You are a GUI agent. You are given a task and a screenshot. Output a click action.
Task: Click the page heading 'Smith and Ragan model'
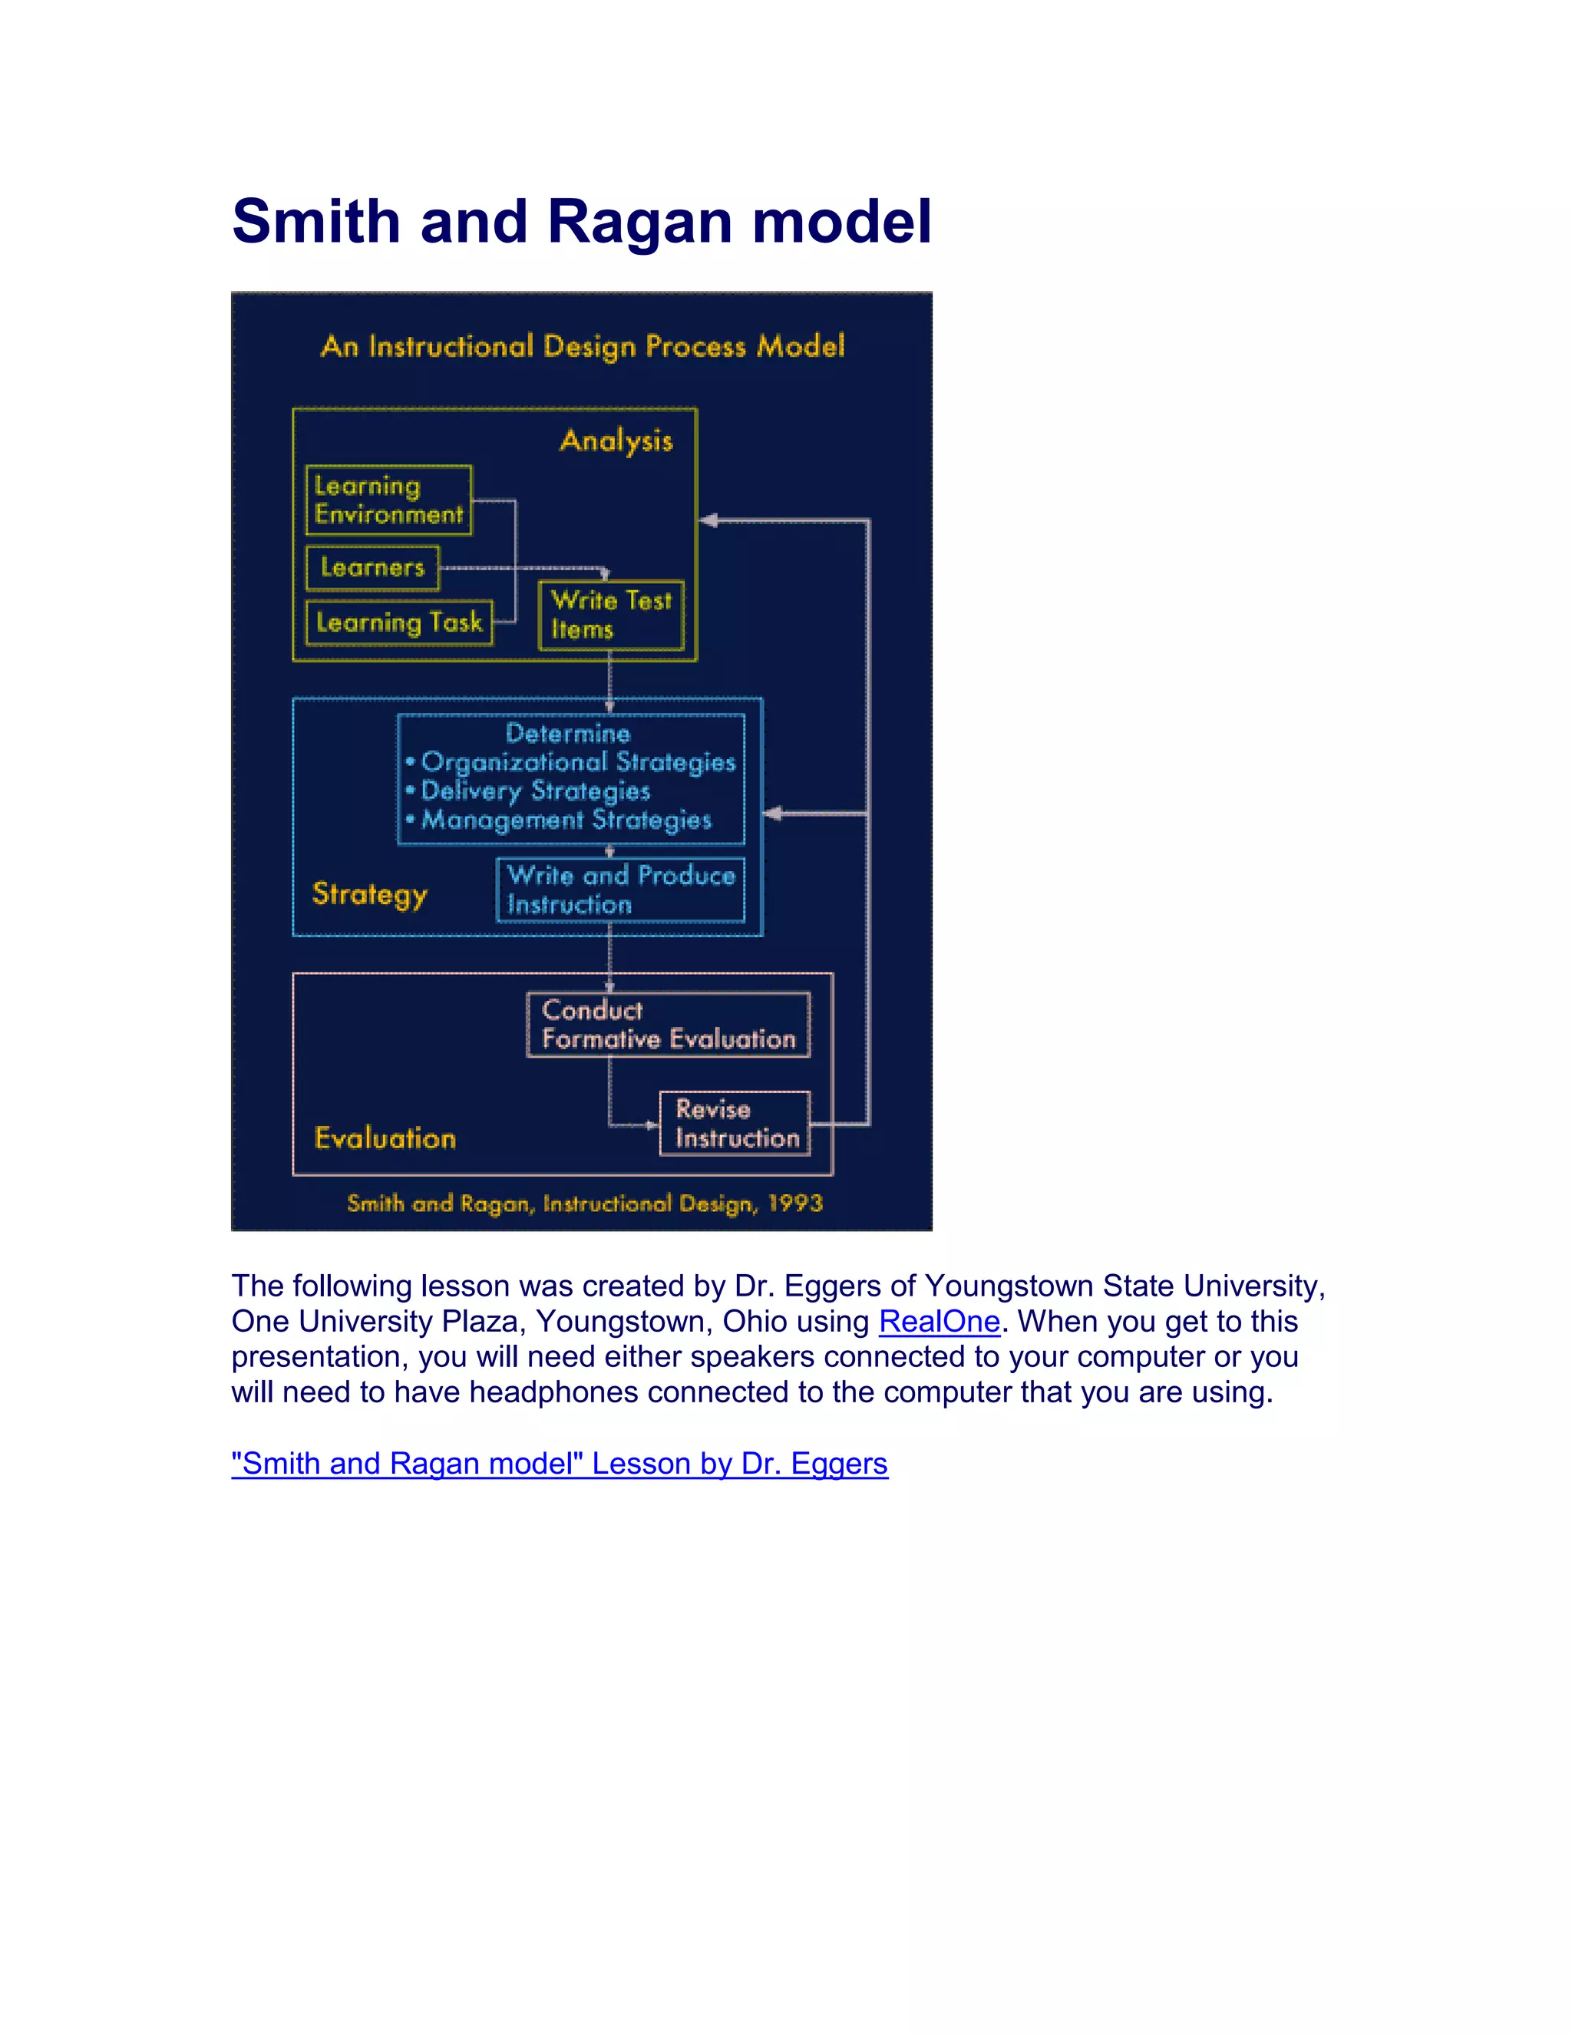click(x=581, y=222)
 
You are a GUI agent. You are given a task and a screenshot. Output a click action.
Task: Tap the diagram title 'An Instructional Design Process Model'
click(x=582, y=346)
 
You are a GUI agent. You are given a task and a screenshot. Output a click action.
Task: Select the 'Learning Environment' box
click(x=388, y=500)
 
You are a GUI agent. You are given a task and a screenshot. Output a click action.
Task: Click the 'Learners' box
click(x=372, y=567)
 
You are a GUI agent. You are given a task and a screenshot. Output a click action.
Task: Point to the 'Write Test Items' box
click(x=611, y=615)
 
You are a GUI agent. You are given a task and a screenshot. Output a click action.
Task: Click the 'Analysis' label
click(x=616, y=441)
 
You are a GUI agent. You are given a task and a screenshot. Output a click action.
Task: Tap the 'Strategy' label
click(x=370, y=894)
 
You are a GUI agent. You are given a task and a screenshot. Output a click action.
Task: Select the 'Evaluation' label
click(x=385, y=1138)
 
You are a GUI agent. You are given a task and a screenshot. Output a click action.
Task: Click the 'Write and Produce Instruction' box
click(x=620, y=890)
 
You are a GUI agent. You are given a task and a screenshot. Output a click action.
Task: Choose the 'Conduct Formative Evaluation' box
click(x=668, y=1025)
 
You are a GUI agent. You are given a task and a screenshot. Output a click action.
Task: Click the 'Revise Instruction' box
click(x=735, y=1123)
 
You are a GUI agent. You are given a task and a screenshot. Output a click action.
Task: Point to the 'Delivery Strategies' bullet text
click(x=536, y=791)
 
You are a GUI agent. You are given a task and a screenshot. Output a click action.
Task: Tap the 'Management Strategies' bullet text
click(x=566, y=820)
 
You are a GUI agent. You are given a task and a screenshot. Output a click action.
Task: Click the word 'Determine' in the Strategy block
click(x=567, y=733)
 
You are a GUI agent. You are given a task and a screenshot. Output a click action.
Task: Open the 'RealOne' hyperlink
click(x=939, y=1322)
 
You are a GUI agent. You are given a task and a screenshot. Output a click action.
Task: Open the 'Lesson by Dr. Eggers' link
click(x=560, y=1464)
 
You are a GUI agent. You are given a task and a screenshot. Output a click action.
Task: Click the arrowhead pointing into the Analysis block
click(x=708, y=520)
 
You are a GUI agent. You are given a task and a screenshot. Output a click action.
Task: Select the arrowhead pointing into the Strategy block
click(x=773, y=814)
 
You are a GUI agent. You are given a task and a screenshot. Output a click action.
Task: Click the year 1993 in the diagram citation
click(x=795, y=1204)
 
